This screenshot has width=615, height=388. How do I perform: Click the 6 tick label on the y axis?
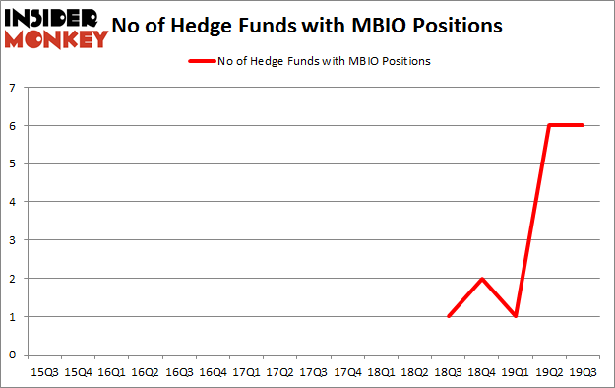[x=13, y=126]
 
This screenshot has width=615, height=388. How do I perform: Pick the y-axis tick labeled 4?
[x=13, y=202]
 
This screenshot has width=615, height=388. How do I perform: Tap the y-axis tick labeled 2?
[x=13, y=279]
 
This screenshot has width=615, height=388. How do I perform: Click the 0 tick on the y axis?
[x=13, y=355]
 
